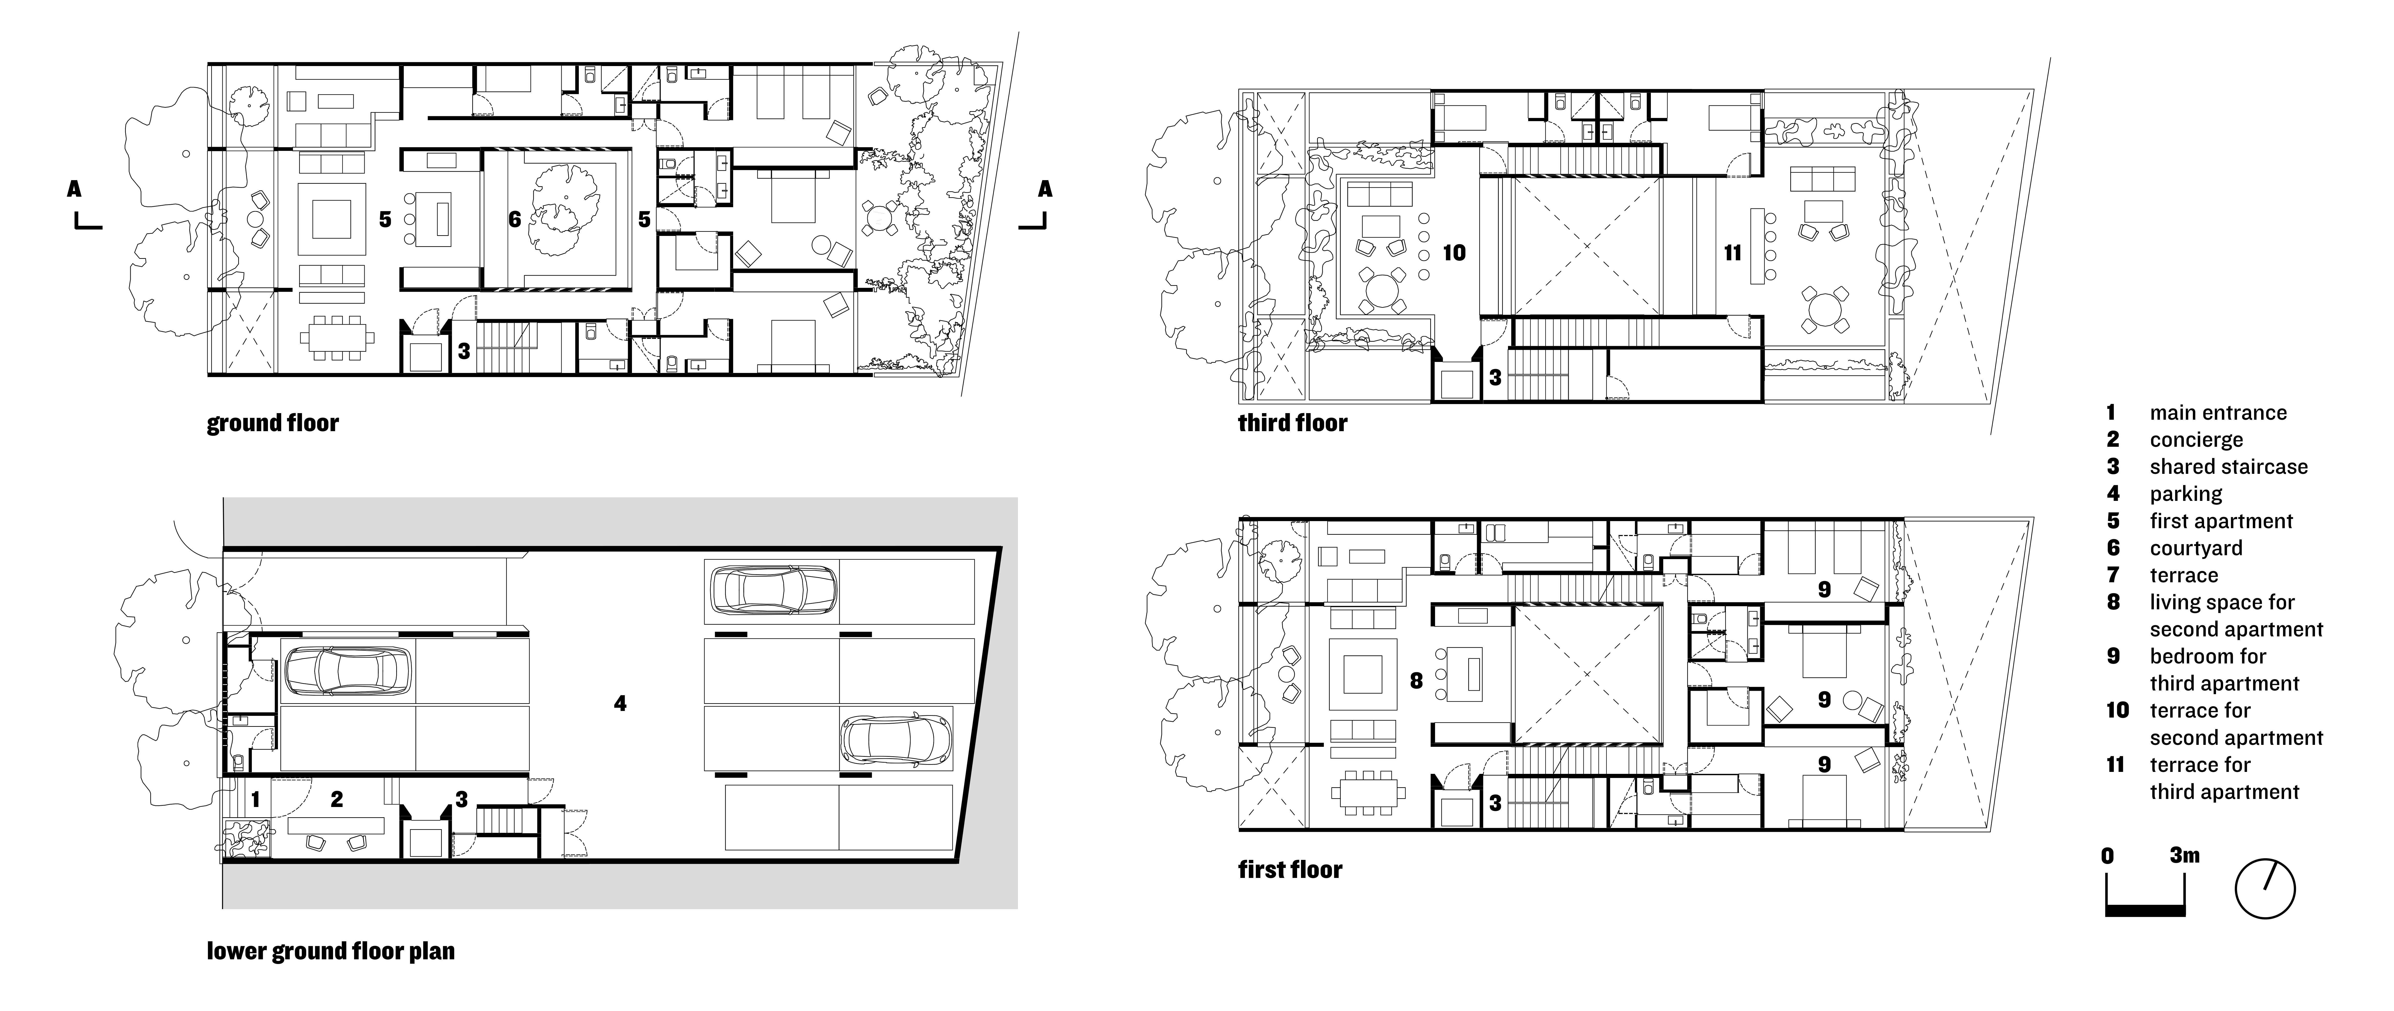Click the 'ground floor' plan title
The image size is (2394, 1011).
tap(272, 424)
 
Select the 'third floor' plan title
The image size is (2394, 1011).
tap(1292, 424)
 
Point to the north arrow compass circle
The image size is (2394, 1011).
tap(2265, 889)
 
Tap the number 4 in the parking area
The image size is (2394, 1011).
tap(620, 703)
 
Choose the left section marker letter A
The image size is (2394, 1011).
tap(74, 190)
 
